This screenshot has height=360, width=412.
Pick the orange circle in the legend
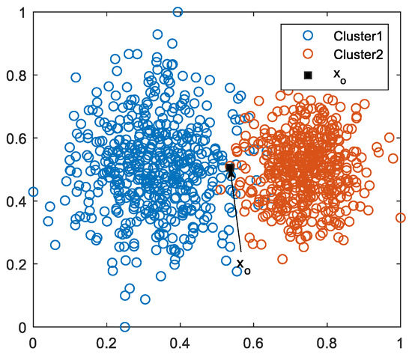[306, 55]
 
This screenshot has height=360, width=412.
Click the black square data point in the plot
[231, 168]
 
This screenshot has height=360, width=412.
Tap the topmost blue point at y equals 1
[178, 12]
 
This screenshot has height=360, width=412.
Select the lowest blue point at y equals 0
[124, 327]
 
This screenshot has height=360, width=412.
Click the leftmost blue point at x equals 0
[32, 192]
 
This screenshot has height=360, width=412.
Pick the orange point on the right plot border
[401, 218]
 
